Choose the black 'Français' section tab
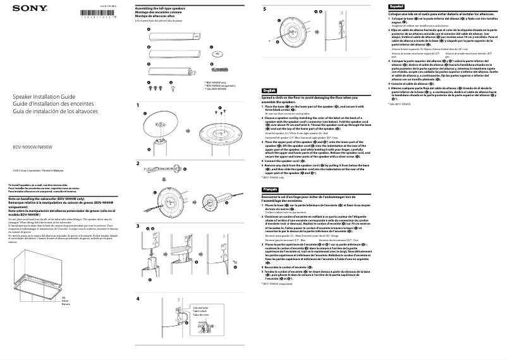pos(270,189)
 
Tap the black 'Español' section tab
pos(396,5)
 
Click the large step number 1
pos(138,104)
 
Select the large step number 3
pos(138,226)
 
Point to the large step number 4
pos(138,298)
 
